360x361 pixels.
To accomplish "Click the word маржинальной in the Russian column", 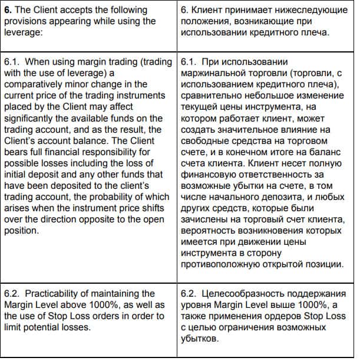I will (217, 73).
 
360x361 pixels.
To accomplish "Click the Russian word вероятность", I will (213, 231).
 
